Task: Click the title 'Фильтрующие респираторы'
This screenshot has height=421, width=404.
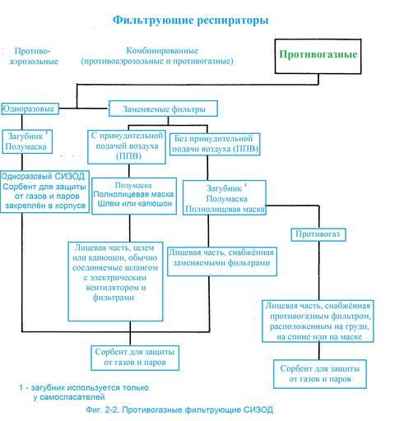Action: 191,21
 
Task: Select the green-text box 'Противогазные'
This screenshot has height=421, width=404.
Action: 318,56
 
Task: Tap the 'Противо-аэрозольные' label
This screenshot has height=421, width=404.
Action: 34,56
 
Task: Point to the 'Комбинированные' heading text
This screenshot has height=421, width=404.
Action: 162,51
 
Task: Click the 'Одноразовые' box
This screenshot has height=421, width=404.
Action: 30,109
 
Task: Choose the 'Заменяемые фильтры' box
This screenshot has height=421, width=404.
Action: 163,109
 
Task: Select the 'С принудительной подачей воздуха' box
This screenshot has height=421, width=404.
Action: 127,147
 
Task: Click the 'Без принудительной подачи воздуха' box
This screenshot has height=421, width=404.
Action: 215,144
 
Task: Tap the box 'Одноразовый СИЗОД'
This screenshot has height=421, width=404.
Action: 44,192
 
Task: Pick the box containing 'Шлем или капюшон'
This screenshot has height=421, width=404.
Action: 134,196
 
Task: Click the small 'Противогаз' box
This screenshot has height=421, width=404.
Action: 318,234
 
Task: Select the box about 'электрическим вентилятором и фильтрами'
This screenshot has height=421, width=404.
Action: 115,281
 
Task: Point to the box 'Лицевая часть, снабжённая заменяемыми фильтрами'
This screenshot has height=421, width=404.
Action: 222,261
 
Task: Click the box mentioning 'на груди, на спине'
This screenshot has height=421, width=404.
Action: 318,322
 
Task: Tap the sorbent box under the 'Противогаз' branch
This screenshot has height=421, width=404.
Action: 320,374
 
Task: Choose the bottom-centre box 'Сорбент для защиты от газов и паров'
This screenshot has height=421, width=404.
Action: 135,358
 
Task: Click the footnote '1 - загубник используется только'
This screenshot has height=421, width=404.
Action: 84,388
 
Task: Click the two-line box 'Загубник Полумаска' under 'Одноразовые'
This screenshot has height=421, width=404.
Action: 27,141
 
